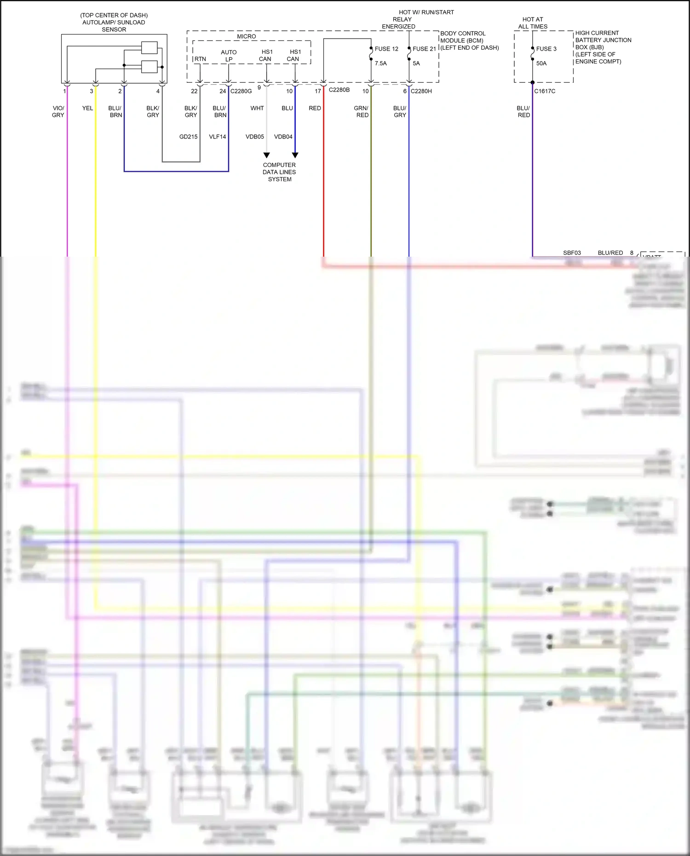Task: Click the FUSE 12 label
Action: (x=386, y=49)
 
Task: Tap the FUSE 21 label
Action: (x=424, y=49)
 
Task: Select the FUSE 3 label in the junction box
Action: (x=546, y=49)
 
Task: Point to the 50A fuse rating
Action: (x=541, y=63)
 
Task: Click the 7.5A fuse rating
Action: (x=381, y=63)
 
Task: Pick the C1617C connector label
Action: (x=545, y=91)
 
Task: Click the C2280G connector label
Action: (x=241, y=91)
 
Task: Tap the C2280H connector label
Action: (x=421, y=91)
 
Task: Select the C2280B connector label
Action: (x=339, y=90)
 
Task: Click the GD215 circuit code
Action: (x=189, y=137)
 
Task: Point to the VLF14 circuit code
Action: (x=218, y=137)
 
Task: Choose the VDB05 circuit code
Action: (x=255, y=137)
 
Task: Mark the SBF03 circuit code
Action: (x=572, y=253)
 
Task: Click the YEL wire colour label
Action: (x=87, y=108)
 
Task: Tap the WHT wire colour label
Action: (x=257, y=108)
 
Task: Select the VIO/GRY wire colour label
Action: (x=58, y=111)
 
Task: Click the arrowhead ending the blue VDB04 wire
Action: (x=295, y=155)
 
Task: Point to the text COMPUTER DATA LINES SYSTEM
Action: (x=279, y=172)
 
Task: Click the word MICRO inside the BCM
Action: (x=247, y=36)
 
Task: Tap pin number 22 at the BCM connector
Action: (x=194, y=91)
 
